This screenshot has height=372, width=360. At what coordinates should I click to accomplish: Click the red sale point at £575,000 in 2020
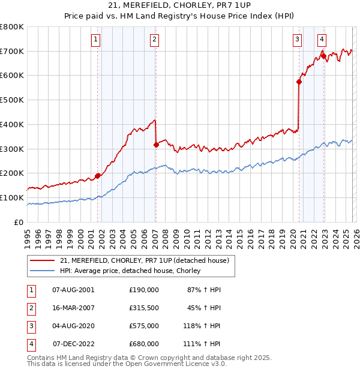(299, 82)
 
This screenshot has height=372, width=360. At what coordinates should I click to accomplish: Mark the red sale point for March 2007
(156, 145)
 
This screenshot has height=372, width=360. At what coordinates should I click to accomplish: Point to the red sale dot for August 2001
(97, 176)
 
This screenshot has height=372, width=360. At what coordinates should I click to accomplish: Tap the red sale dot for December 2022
(323, 56)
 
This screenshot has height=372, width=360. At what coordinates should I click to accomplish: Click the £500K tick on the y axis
(12, 100)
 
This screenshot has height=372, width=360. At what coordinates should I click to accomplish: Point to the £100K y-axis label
(12, 197)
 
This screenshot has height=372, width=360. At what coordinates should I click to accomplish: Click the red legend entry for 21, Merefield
(144, 261)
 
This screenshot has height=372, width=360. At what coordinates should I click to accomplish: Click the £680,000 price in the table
(144, 344)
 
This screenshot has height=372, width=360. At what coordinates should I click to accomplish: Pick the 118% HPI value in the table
(203, 326)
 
